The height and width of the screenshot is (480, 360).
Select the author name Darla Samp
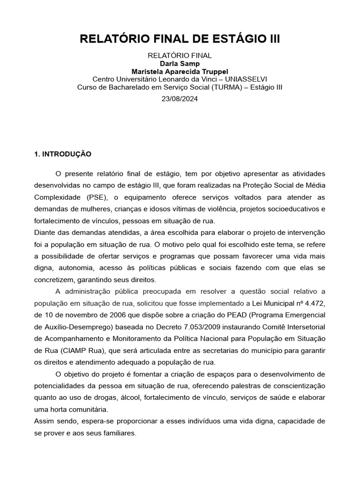(180, 64)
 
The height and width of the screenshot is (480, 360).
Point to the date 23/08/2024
(180, 99)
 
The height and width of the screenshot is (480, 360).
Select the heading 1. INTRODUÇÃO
(63, 154)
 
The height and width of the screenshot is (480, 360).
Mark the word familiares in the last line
(118, 433)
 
